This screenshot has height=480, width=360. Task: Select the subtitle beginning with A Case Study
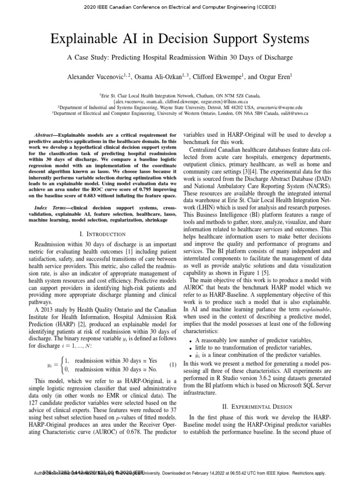pos(180,58)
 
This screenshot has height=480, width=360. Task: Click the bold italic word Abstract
pos(47,135)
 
